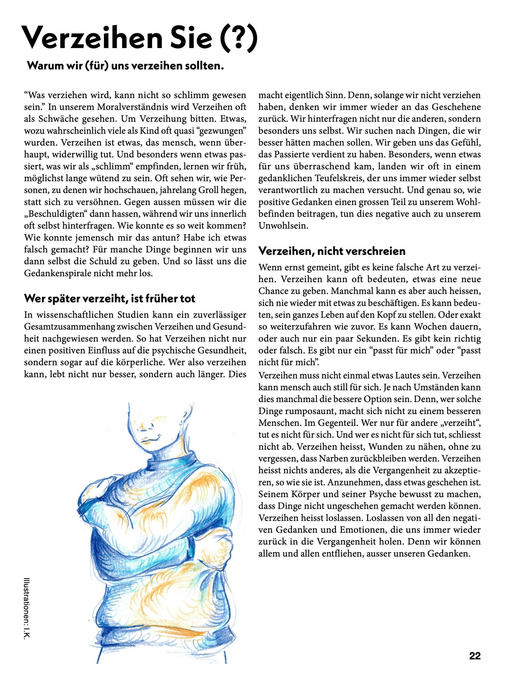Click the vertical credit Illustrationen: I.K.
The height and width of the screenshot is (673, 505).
pyautogui.click(x=27, y=608)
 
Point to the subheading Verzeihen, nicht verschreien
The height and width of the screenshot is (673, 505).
pyautogui.click(x=332, y=251)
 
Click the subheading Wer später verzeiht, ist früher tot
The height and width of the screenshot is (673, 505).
pyautogui.click(x=109, y=299)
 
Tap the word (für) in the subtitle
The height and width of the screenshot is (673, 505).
pyautogui.click(x=96, y=66)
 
